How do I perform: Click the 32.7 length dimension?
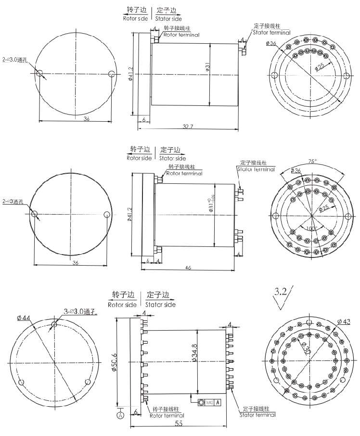[x=188, y=127]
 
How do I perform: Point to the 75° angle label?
[x=312, y=162]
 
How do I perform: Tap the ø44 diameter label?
[x=23, y=318]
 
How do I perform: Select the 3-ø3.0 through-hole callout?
[x=80, y=311]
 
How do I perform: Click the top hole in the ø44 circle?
[x=54, y=325]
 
